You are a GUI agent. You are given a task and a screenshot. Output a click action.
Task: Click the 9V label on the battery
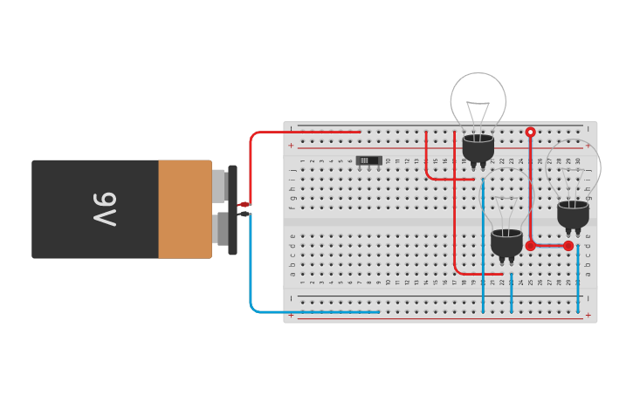105,209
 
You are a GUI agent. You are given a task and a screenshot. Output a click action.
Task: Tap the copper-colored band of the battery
184,209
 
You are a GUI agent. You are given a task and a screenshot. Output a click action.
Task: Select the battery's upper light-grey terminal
218,185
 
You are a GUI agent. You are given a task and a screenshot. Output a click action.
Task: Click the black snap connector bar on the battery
232,209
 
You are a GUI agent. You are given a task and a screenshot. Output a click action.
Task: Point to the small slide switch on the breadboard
369,160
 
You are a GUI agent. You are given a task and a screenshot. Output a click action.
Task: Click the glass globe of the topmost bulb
478,96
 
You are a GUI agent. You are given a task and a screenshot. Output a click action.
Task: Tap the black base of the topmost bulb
478,149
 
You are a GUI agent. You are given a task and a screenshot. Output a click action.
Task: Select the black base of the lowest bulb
506,242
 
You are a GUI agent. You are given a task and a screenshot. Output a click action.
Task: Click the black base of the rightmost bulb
573,214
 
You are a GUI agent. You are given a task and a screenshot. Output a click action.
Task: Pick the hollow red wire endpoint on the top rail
530,133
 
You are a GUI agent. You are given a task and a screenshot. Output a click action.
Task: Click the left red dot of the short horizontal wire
530,246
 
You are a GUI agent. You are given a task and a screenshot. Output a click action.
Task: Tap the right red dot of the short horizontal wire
568,246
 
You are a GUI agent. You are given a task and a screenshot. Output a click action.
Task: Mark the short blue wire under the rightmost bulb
578,279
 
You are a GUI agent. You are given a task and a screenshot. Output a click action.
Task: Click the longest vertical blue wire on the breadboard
483,253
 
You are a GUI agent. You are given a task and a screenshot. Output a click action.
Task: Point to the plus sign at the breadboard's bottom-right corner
588,314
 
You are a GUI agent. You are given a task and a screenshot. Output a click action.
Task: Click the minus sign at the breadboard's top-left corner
292,128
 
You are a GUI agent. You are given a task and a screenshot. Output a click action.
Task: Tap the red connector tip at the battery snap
244,204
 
